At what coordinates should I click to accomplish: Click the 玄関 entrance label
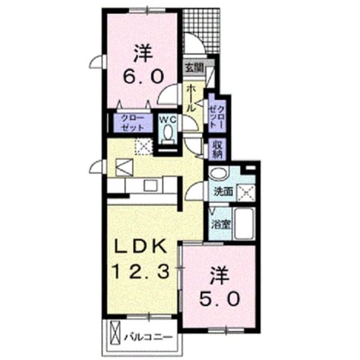[195, 67]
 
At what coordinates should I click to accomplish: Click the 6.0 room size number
[143, 76]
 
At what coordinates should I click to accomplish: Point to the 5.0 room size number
[220, 299]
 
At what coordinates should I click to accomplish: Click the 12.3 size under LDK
[140, 271]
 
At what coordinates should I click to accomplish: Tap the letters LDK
[141, 246]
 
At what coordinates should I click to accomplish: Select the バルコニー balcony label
[148, 337]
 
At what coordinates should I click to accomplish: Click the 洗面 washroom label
[223, 191]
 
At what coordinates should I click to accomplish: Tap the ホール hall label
[191, 98]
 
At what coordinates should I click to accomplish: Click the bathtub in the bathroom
[244, 224]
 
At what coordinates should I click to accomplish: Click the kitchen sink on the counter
[150, 185]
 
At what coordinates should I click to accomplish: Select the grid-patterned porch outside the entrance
[201, 31]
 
